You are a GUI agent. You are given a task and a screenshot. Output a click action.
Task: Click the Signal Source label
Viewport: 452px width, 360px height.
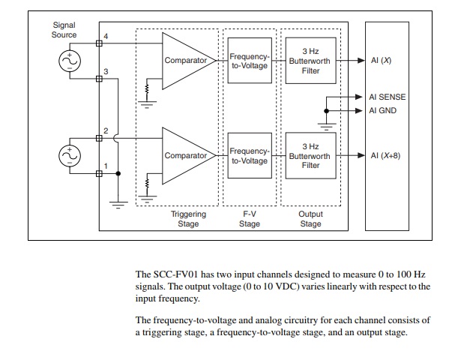click(64, 29)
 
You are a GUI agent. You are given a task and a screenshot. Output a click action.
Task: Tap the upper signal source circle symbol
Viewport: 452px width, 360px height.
click(70, 61)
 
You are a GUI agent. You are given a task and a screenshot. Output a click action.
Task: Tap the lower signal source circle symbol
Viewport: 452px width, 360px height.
click(70, 155)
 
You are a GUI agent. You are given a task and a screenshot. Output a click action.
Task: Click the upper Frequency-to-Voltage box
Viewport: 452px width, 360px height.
click(248, 61)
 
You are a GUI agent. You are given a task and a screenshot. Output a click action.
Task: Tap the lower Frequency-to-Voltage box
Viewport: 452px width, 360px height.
click(248, 156)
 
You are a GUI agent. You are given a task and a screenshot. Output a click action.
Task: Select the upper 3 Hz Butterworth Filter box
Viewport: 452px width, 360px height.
click(310, 61)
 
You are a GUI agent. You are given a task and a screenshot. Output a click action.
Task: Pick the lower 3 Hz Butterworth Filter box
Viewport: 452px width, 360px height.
click(310, 155)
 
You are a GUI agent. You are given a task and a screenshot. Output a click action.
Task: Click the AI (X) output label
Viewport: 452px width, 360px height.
click(381, 61)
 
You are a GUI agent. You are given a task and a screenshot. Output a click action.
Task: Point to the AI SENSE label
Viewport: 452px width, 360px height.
click(387, 97)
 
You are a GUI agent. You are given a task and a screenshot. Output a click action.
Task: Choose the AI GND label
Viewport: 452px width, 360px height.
click(383, 110)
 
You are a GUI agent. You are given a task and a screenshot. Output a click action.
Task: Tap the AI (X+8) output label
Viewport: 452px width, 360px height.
click(385, 155)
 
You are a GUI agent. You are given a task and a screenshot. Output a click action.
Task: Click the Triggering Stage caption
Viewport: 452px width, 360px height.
click(188, 218)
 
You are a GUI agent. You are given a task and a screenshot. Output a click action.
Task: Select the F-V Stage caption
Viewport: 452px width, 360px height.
click(249, 218)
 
